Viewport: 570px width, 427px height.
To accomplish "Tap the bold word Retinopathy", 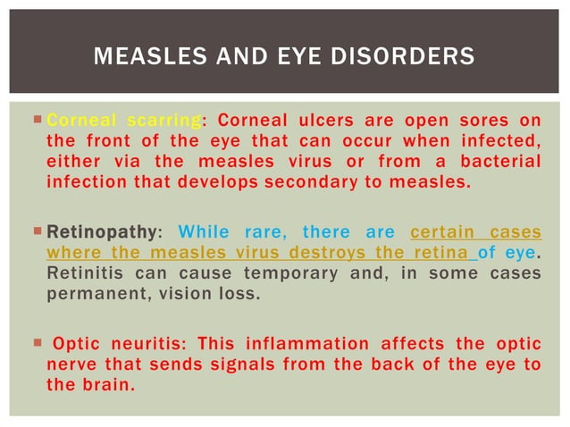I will [x=101, y=233].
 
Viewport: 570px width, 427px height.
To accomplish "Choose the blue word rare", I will [x=265, y=233].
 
